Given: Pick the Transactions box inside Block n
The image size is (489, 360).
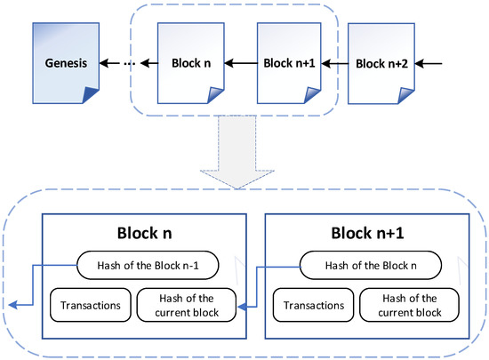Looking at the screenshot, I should tap(91, 304).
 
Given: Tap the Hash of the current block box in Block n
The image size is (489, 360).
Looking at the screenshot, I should tap(186, 304).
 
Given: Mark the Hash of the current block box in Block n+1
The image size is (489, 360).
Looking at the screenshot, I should tap(408, 304).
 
